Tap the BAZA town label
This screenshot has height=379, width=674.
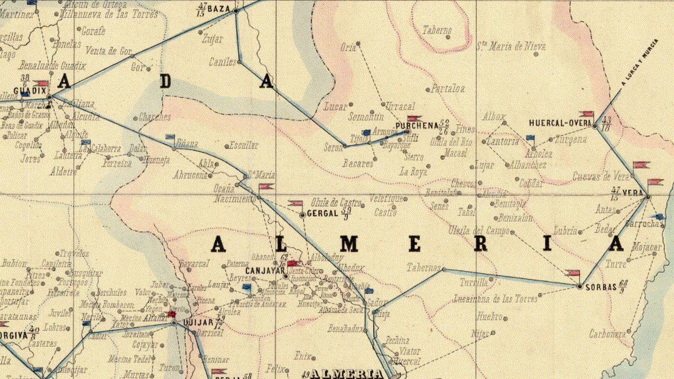pos(219,9)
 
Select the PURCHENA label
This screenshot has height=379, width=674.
pos(417,125)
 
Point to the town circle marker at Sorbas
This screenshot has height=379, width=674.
pos(580,286)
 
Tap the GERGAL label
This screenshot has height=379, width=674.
pos(323,214)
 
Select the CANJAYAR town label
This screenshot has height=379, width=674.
pos(265,271)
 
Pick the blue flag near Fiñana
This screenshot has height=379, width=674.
pos(170,137)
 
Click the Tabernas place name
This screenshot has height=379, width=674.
pos(423,267)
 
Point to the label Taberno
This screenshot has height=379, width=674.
pos(437,30)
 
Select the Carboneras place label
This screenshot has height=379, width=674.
pos(607,334)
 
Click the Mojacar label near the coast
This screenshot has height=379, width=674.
pos(646,247)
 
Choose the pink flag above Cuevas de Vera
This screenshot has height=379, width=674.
pos(641,165)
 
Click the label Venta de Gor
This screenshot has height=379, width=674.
pos(108,51)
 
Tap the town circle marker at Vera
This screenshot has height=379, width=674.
pos(648,197)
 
